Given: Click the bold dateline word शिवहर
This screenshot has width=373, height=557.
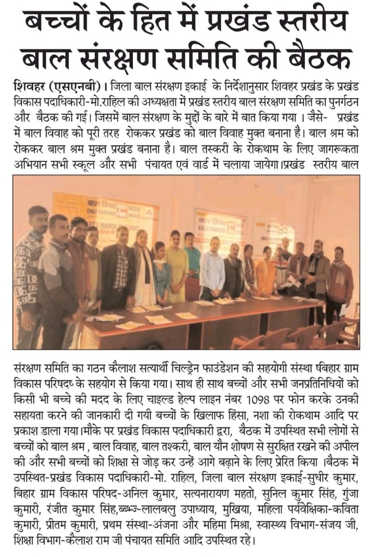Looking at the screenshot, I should pos(31,88).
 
